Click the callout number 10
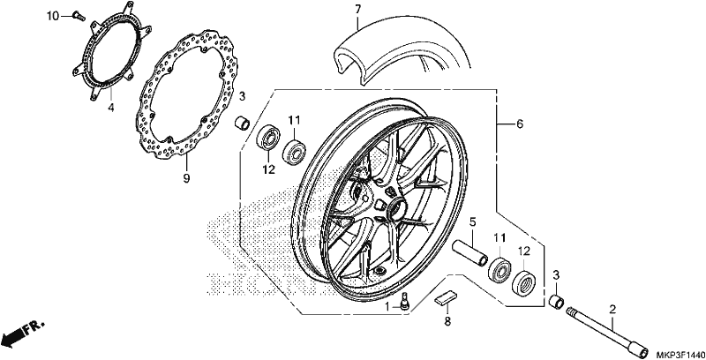click(x=53, y=17)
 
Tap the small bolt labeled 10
click(x=79, y=16)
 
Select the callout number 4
click(x=111, y=108)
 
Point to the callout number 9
click(x=186, y=178)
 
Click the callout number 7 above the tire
click(x=357, y=9)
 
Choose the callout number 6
click(x=520, y=124)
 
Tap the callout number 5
click(x=472, y=221)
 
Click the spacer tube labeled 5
click(x=470, y=253)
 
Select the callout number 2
click(x=612, y=309)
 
